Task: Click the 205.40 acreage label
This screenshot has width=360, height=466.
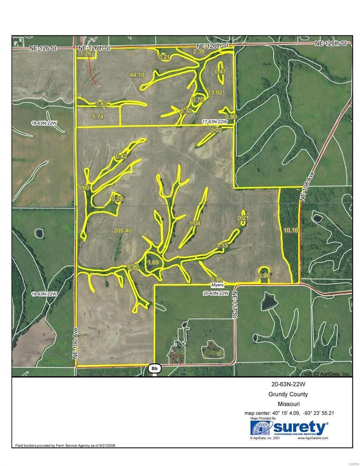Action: pyautogui.click(x=123, y=231)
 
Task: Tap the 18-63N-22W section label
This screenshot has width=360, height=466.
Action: pyautogui.click(x=43, y=123)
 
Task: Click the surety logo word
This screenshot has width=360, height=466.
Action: pyautogui.click(x=299, y=428)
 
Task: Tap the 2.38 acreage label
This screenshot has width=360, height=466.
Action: pyautogui.click(x=199, y=51)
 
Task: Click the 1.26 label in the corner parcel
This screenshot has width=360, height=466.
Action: pyautogui.click(x=85, y=54)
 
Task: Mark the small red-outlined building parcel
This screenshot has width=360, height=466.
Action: pyautogui.click(x=177, y=360)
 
